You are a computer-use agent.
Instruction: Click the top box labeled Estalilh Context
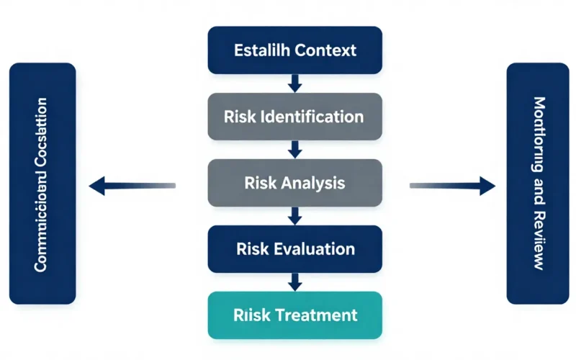(294, 50)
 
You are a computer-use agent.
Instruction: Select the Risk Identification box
(294, 117)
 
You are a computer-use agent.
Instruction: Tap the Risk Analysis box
(294, 183)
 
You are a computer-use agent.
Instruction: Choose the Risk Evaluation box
(294, 249)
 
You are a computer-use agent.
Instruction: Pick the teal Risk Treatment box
(294, 315)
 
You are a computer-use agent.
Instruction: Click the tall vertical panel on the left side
(42, 183)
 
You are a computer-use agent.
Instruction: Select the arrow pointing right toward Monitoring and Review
(453, 186)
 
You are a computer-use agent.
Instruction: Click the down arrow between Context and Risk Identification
(294, 84)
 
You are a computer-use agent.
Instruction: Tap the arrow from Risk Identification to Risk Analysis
(294, 150)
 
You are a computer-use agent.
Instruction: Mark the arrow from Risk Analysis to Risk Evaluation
(294, 216)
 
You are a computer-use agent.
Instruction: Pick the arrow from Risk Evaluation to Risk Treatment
(294, 282)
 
